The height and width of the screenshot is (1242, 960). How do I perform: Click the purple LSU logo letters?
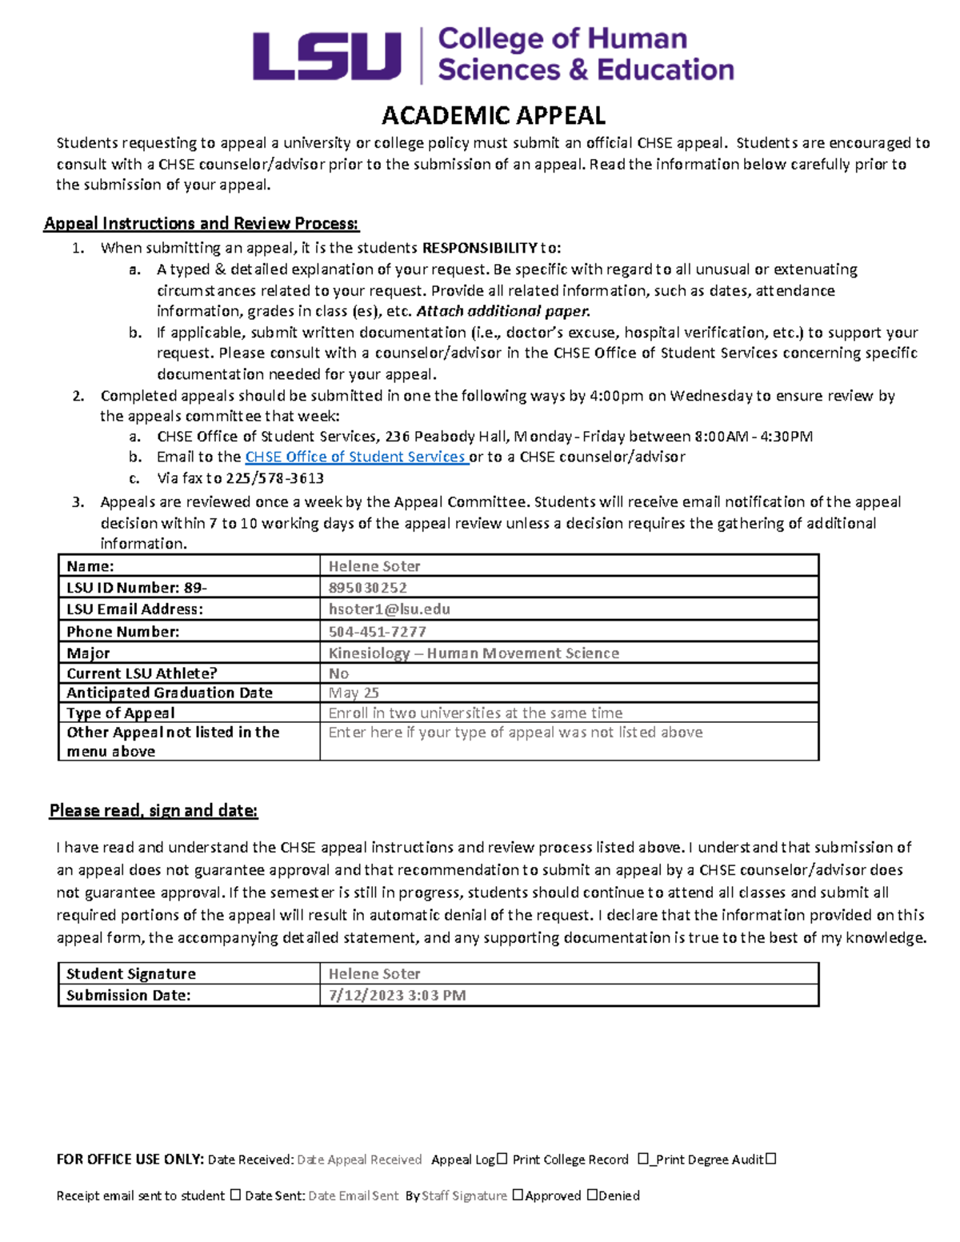pos(326,56)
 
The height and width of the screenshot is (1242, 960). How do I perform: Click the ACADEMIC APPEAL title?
pos(494,116)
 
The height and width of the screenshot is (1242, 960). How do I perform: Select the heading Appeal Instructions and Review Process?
pos(201,223)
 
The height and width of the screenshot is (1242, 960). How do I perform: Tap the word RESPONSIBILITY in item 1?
pos(479,248)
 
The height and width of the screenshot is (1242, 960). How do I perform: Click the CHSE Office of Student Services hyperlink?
pos(355,457)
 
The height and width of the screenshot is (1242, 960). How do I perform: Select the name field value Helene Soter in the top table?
pos(374,566)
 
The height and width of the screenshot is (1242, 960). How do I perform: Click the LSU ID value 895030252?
pos(368,588)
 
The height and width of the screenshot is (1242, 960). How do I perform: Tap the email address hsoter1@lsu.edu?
pos(389,609)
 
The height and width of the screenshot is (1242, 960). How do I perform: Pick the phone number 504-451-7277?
pos(377,632)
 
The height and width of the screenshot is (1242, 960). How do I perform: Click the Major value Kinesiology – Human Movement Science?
pos(474,653)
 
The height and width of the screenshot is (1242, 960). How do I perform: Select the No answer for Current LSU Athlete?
pos(338,673)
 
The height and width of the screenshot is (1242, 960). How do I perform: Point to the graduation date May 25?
pos(354,693)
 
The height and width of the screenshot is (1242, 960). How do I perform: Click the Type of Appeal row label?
pos(121,713)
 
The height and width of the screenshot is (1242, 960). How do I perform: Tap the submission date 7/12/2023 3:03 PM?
pos(397,996)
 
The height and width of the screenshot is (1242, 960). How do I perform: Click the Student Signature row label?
pos(131,974)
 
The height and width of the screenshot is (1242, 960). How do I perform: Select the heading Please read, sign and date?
pos(154,811)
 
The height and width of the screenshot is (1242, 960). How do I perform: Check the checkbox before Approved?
pos(518,1195)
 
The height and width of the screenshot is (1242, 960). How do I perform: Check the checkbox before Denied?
pos(592,1195)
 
